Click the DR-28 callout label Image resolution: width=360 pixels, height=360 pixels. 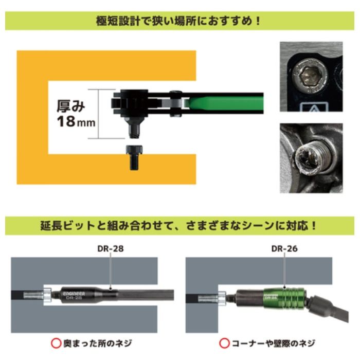[x=111, y=248]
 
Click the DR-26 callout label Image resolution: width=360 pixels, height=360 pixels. [x=284, y=248]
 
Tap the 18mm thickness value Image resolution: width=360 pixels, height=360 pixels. [x=76, y=121]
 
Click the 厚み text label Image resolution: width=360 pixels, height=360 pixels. [x=71, y=106]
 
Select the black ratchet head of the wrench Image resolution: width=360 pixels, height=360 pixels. [x=131, y=103]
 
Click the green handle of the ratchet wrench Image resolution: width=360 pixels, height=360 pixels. [x=224, y=103]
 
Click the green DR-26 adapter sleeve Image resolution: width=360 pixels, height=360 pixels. [x=285, y=298]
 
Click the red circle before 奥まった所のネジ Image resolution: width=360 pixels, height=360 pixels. [x=56, y=344]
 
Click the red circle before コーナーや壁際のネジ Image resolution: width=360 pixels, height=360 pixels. [x=224, y=344]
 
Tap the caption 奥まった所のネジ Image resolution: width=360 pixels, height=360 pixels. [x=98, y=344]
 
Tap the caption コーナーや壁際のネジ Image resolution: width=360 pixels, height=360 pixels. [x=273, y=344]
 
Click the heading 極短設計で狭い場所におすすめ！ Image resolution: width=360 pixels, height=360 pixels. [x=178, y=21]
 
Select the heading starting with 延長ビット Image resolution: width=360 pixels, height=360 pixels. [x=178, y=226]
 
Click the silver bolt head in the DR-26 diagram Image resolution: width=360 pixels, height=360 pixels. [x=222, y=298]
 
